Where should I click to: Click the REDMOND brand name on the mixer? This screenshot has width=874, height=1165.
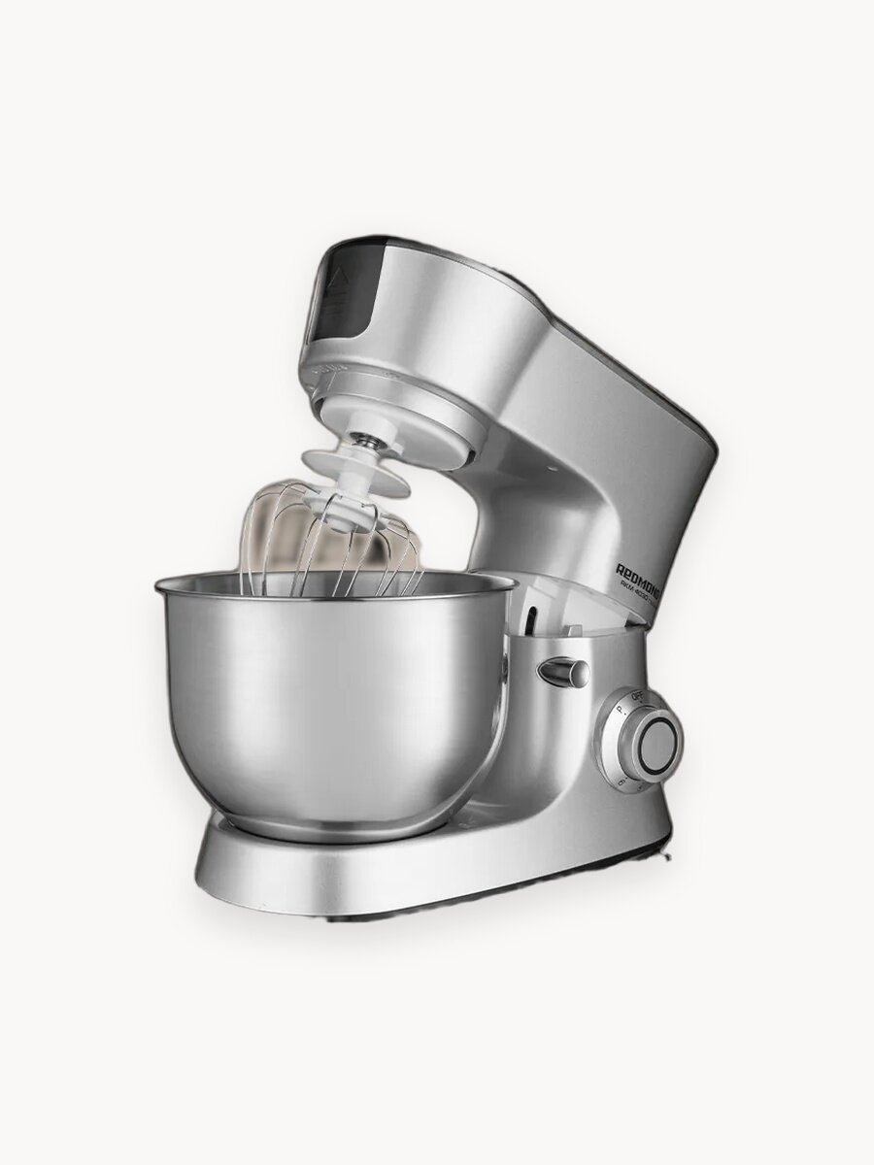[x=646, y=574]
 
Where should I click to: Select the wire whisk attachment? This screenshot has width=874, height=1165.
[x=330, y=544]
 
